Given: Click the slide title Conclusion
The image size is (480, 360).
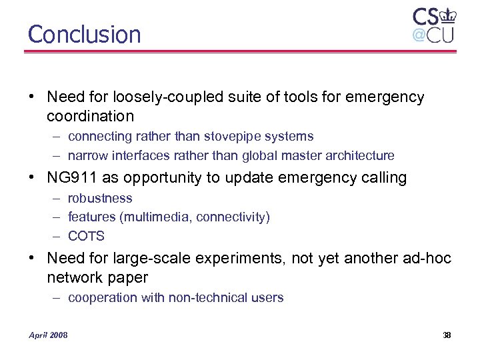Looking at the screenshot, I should point(85,35).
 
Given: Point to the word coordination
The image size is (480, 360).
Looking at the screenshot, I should point(90,116).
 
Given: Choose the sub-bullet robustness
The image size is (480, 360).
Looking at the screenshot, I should point(100,199).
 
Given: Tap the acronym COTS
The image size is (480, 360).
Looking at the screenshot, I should point(86,236).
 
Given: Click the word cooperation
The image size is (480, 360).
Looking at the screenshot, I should point(103,298).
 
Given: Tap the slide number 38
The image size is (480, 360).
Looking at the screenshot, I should point(447,335).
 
